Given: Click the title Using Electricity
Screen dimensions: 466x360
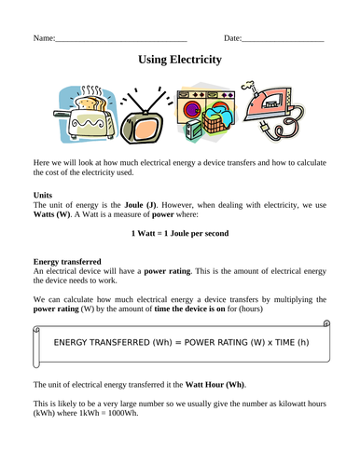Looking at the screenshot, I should pyautogui.click(x=180, y=60).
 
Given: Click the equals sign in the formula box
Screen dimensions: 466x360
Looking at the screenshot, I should pyautogui.click(x=172, y=343).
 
